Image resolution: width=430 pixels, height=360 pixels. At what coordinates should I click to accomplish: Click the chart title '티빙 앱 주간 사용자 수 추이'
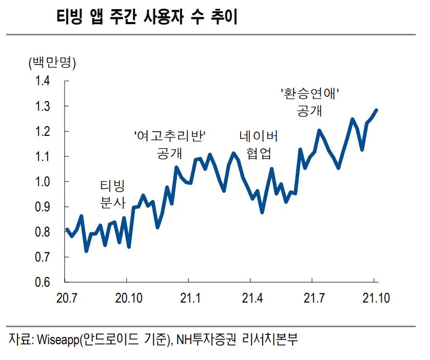point(147,17)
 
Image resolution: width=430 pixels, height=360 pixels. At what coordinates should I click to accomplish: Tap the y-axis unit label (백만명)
point(52,63)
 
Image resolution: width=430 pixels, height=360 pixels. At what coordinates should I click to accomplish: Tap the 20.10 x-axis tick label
point(126,298)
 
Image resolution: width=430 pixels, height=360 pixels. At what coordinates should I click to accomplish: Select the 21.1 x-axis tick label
point(188,298)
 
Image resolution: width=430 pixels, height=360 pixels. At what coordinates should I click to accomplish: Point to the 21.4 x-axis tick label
point(250,298)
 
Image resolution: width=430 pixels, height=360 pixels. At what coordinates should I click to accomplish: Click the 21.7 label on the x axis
point(312,298)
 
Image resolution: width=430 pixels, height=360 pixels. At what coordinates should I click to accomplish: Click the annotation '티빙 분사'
point(112,193)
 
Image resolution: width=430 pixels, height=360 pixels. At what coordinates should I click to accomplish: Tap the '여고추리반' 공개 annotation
point(169,144)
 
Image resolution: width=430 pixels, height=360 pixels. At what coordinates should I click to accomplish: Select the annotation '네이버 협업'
point(259,144)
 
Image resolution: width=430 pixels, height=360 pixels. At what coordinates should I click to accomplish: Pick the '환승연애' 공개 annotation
point(310,102)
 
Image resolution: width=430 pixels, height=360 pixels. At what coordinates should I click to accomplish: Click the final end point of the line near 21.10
point(376,110)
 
